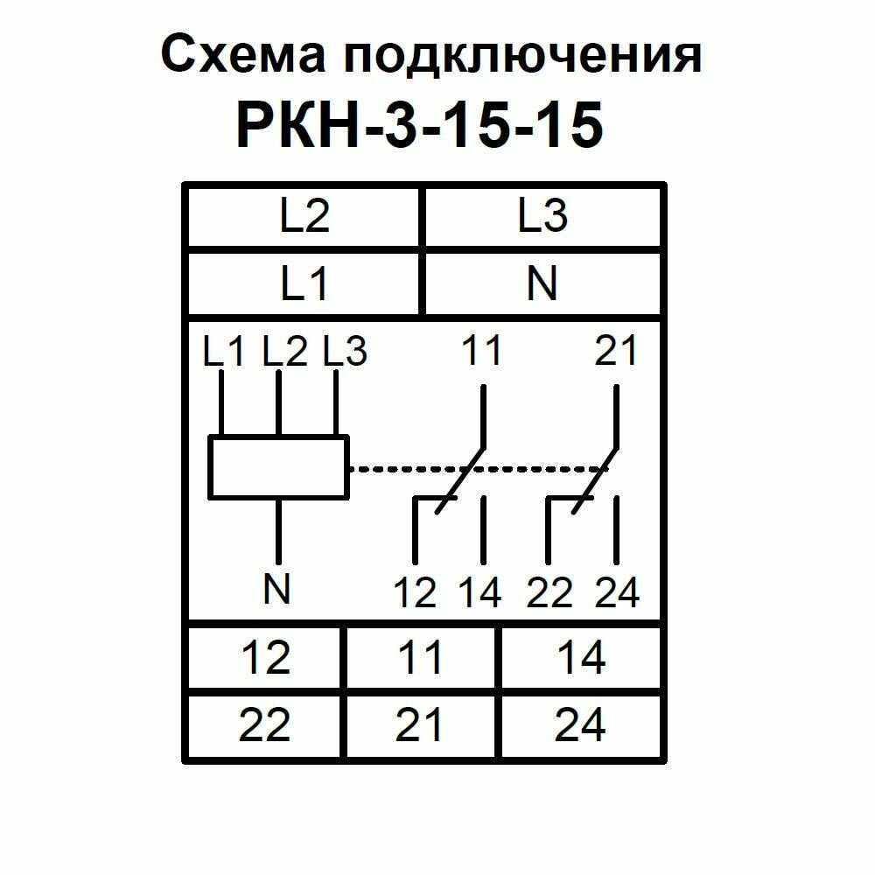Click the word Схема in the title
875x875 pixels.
click(x=242, y=56)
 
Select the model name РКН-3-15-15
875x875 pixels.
click(x=419, y=125)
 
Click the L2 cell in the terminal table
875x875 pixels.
click(x=304, y=216)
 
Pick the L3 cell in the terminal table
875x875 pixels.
click(x=542, y=216)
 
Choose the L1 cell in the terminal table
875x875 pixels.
click(x=304, y=283)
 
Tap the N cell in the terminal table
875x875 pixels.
click(x=542, y=283)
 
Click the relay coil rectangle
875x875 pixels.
click(x=278, y=468)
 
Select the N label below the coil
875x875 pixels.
click(x=277, y=591)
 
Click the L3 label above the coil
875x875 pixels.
click(x=345, y=352)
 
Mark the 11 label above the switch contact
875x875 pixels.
click(x=480, y=352)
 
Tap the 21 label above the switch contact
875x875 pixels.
click(x=616, y=352)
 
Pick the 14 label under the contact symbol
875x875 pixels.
click(x=480, y=592)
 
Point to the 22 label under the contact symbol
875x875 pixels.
click(x=549, y=592)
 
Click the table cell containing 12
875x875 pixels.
click(x=265, y=658)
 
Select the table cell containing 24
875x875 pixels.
click(x=580, y=725)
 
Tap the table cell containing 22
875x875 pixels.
click(x=265, y=725)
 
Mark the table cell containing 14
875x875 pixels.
click(x=580, y=658)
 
